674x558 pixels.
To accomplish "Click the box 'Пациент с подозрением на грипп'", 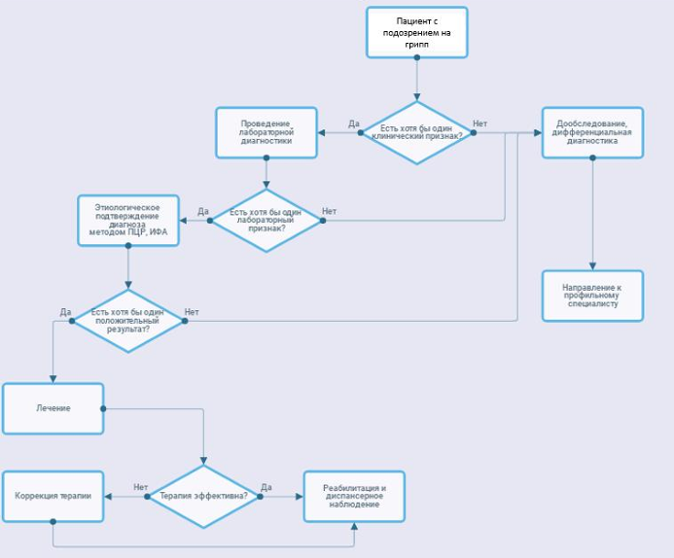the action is (x=416, y=32).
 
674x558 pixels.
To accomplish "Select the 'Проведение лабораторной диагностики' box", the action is (x=266, y=133).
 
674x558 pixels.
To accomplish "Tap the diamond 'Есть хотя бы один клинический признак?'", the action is (x=416, y=133).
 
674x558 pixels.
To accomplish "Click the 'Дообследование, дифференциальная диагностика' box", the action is (x=592, y=133).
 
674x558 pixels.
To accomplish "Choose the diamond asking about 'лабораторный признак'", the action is (x=266, y=221).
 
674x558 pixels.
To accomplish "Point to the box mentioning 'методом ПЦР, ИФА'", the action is (x=128, y=221).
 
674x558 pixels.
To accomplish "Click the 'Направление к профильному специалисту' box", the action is (x=592, y=296).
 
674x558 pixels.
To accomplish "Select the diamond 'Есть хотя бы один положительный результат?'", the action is (x=128, y=321).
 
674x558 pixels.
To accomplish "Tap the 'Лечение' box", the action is (x=53, y=408).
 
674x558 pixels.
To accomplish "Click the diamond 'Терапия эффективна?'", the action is (x=203, y=496).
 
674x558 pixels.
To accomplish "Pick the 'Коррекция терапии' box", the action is (x=53, y=496).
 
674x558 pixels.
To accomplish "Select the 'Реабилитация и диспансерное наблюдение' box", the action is (x=354, y=496).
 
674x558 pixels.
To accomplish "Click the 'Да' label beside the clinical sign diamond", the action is (x=353, y=123).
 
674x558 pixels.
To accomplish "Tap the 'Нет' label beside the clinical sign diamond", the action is (x=479, y=123).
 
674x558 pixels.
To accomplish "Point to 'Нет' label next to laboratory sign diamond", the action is (x=329, y=211).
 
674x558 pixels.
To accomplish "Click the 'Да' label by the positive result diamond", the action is (x=65, y=312).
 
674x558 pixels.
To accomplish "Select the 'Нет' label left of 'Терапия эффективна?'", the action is (x=141, y=487).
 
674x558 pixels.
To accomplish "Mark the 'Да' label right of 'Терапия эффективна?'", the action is (x=266, y=487).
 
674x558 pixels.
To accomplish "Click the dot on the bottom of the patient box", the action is (x=416, y=57).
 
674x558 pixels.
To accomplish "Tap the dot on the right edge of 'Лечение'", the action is (x=103, y=408).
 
